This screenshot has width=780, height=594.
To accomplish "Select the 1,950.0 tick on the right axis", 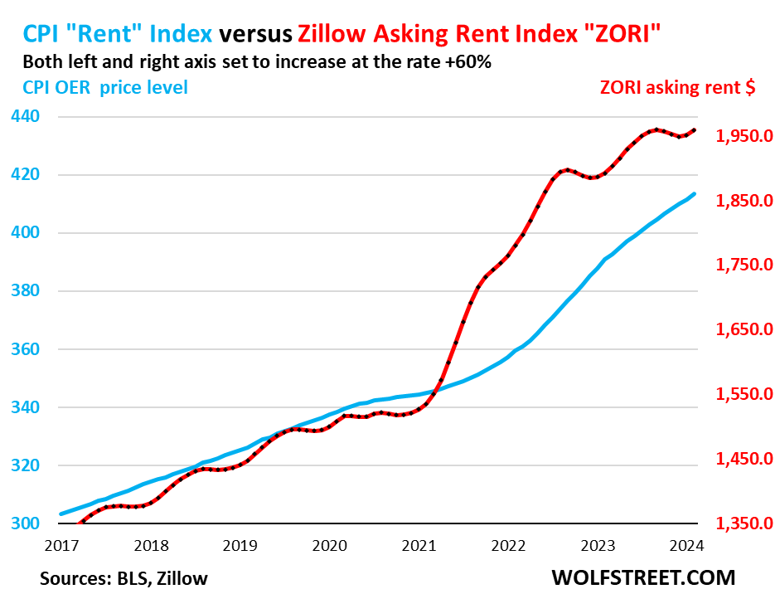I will (744, 136).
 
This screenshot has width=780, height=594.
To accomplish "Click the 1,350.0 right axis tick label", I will (744, 523).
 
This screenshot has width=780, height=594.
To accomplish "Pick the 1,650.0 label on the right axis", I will (744, 330).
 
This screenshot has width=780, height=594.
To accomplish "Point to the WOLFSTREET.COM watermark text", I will (642, 577).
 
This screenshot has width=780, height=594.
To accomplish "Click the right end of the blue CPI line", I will (695, 194).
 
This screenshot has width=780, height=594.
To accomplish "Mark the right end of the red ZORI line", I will (695, 129).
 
